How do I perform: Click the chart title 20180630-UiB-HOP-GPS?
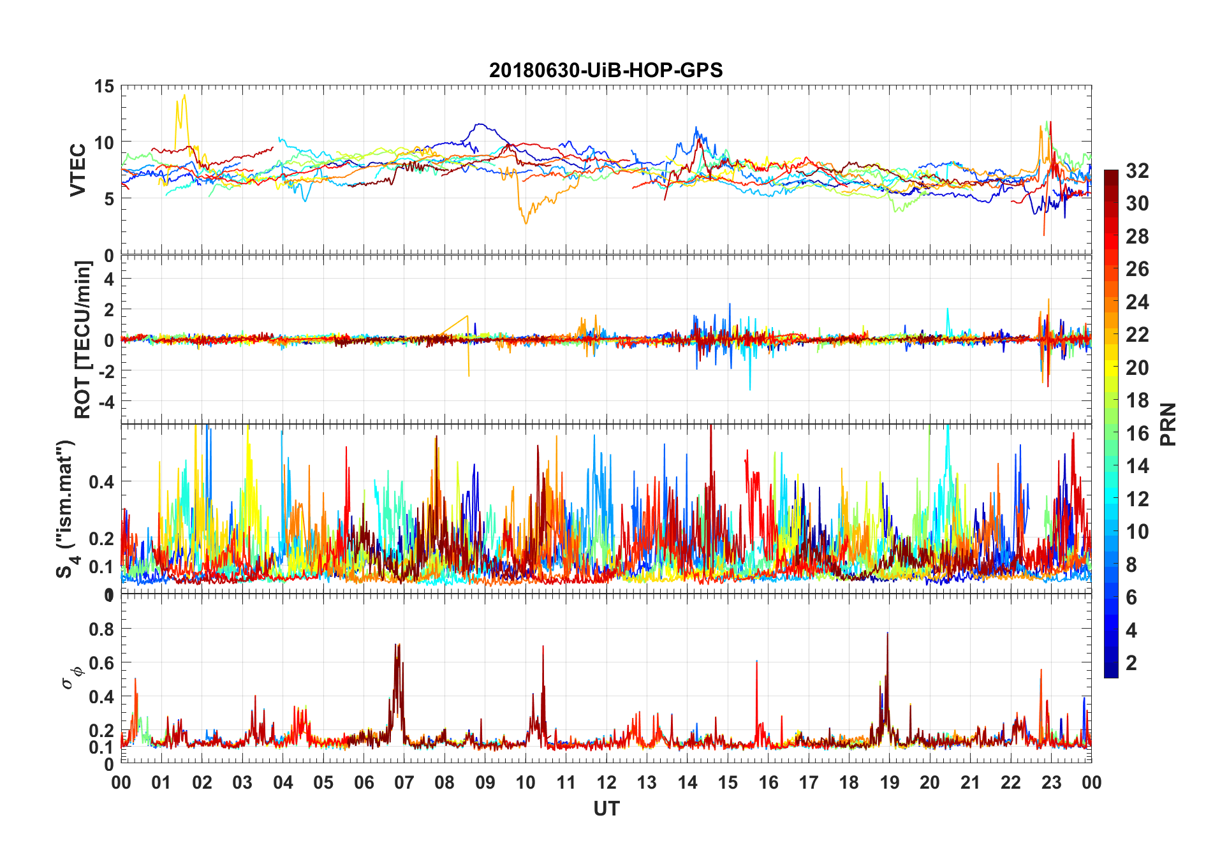606,70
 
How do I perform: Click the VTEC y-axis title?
78,170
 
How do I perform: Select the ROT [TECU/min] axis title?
83,339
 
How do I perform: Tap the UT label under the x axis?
606,808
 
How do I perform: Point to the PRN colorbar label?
1168,424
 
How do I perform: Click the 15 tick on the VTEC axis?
105,87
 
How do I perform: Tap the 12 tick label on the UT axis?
606,782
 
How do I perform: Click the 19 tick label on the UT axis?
890,782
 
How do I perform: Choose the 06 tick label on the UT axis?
364,782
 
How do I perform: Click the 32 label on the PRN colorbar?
1137,171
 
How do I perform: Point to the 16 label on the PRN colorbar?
1137,434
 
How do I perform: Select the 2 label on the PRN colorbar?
1131,663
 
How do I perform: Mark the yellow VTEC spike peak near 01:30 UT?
184,96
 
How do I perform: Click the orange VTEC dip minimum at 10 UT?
526,223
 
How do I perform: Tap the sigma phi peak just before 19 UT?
887,633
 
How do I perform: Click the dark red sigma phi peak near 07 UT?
397,645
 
